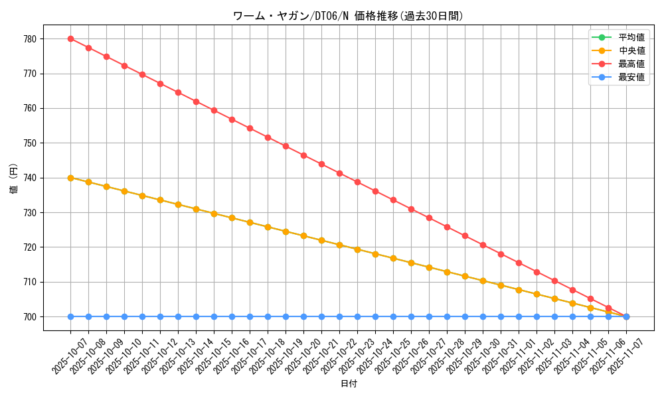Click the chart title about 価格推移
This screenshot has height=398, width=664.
[x=348, y=16]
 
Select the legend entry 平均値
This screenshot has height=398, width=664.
[x=631, y=37]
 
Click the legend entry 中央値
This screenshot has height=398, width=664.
[x=631, y=50]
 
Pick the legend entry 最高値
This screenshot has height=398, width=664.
[x=631, y=64]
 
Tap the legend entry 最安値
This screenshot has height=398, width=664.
[x=631, y=77]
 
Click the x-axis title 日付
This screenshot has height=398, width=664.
[x=349, y=384]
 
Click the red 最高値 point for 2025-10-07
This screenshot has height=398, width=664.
[x=70, y=38]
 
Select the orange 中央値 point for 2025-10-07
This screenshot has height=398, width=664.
[x=70, y=178]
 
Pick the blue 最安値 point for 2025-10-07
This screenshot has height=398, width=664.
[x=70, y=316]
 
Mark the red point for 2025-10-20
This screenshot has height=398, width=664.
[x=303, y=155]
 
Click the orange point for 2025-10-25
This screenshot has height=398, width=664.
[x=393, y=258]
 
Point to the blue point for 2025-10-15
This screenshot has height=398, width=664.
[x=214, y=316]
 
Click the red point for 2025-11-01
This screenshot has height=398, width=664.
[x=519, y=263]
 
